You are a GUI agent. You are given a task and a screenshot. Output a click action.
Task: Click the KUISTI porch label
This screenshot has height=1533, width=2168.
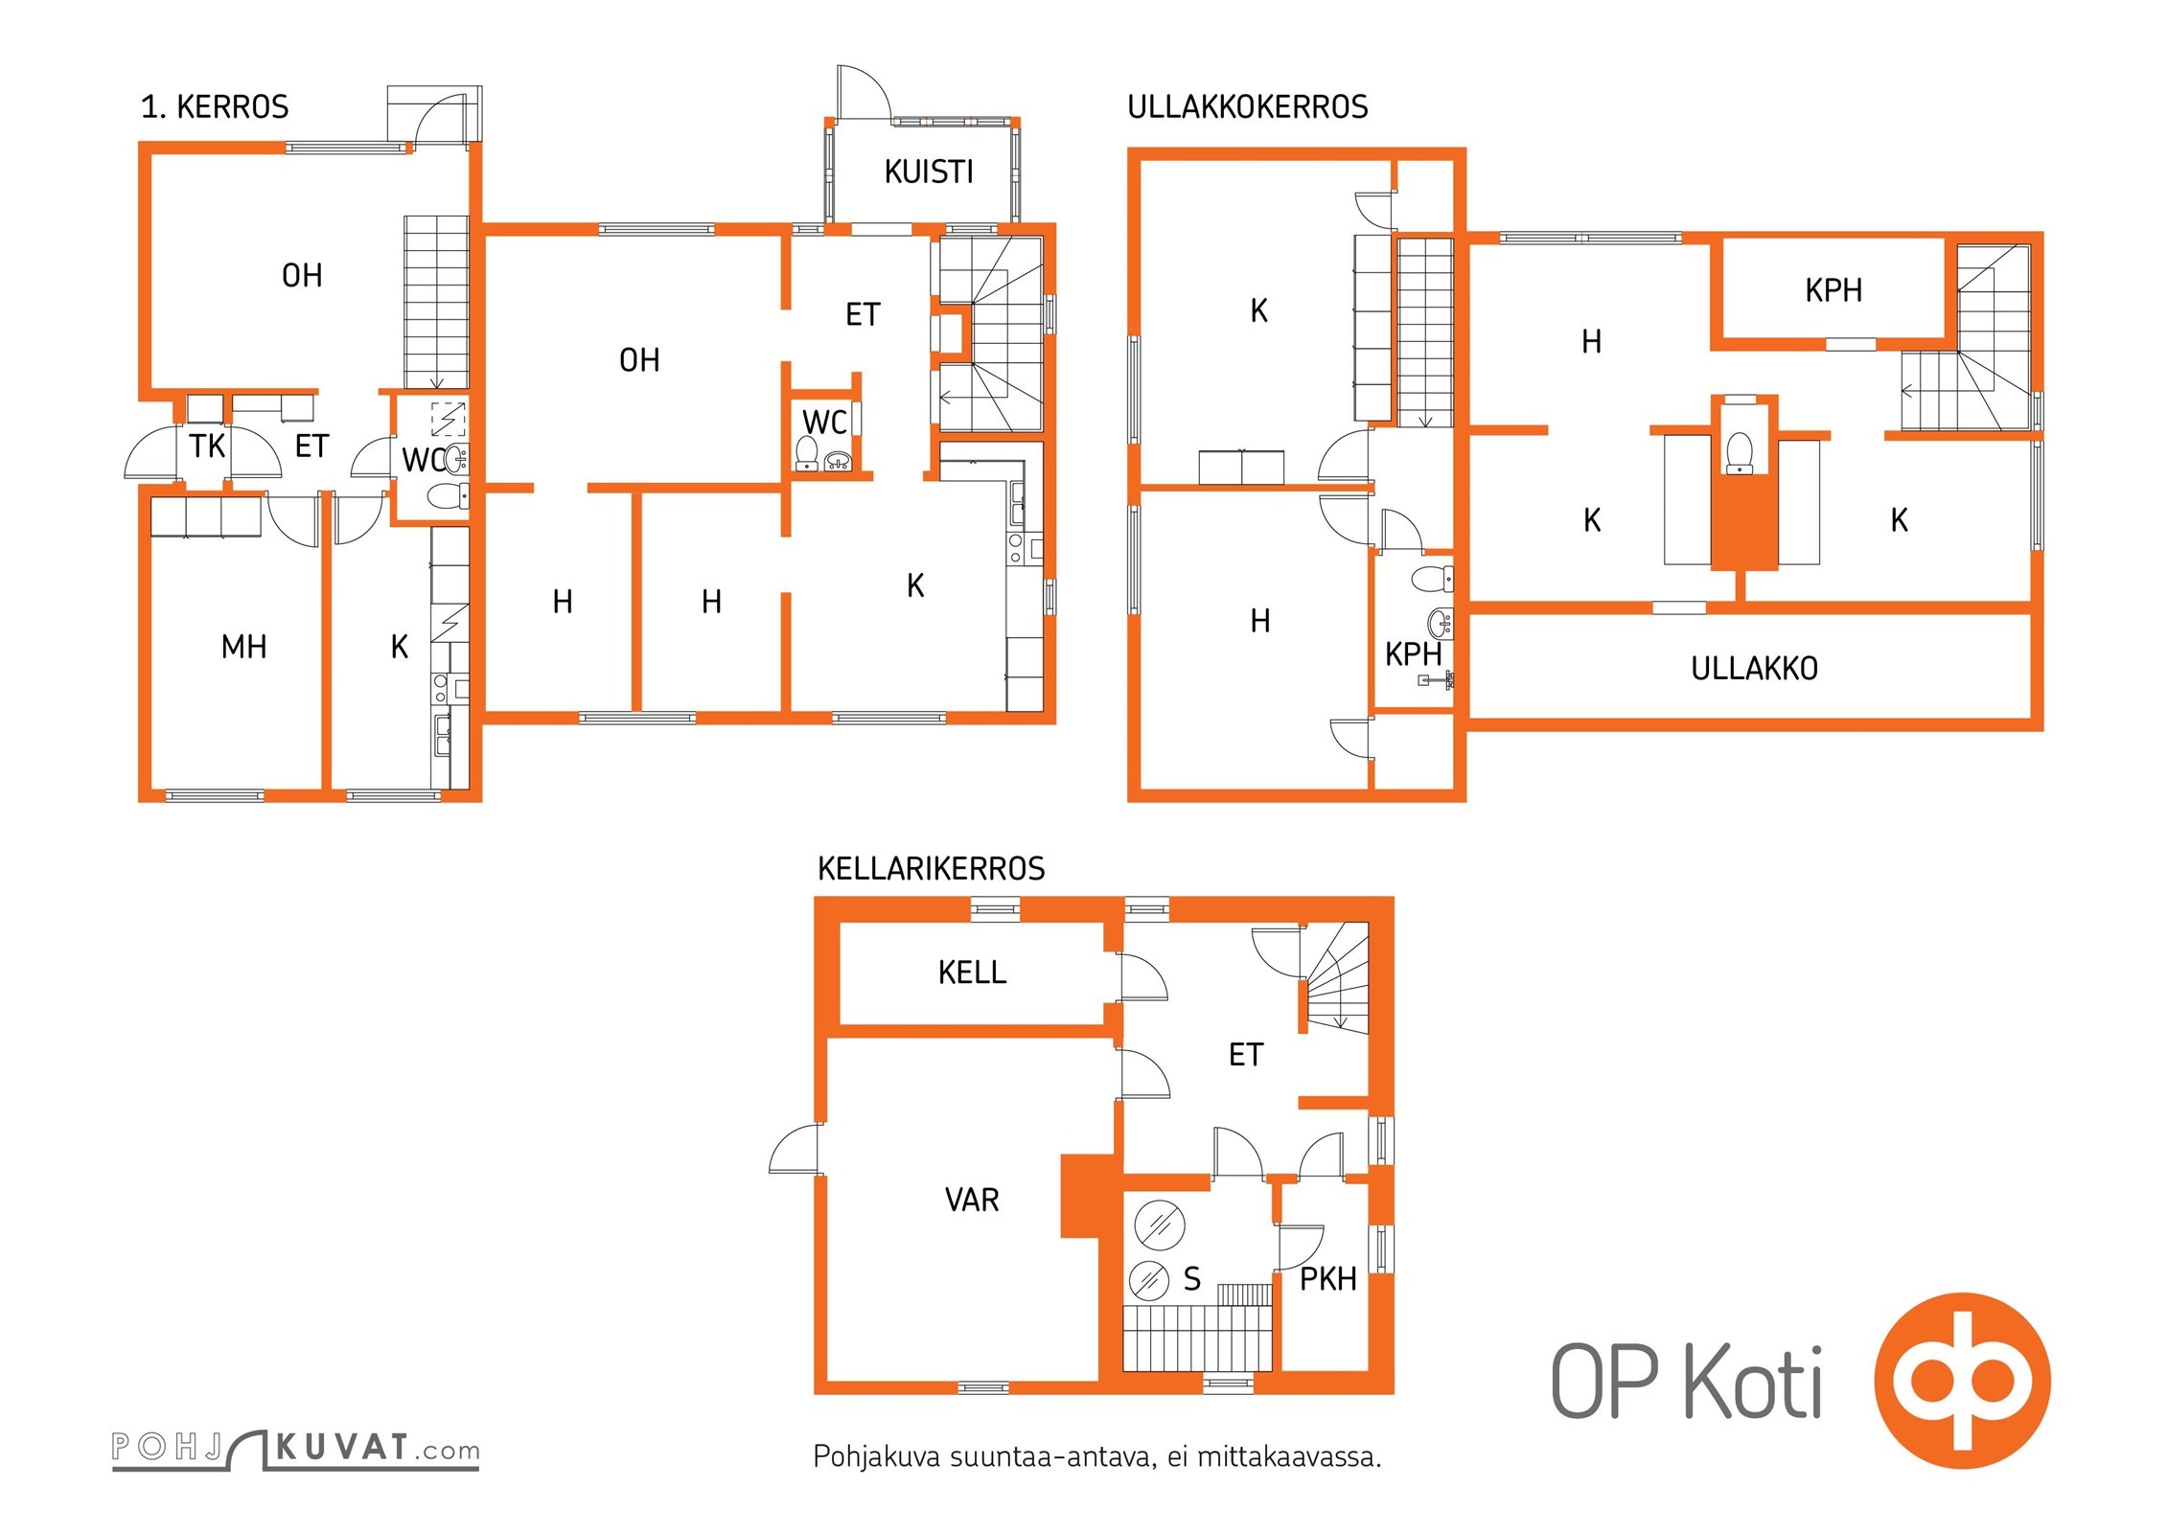click(928, 172)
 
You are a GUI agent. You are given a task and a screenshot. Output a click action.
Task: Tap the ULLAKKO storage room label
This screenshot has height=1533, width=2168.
click(1754, 669)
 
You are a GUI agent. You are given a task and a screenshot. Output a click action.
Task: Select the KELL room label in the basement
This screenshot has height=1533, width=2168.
click(972, 972)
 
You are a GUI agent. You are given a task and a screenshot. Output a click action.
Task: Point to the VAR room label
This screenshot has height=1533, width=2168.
click(972, 1200)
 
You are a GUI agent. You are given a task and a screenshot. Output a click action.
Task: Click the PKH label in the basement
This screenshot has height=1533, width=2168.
click(1327, 1279)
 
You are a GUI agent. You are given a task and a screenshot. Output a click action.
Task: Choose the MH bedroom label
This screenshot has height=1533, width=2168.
click(243, 647)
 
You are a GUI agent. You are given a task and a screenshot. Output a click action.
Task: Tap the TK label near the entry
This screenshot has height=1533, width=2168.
click(207, 446)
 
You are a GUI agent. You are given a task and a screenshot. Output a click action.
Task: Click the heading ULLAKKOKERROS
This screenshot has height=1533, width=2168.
click(1247, 106)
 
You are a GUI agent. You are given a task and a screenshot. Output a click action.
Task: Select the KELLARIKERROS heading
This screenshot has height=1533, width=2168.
click(931, 868)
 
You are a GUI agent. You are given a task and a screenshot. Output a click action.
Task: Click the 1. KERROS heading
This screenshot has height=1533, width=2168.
click(215, 106)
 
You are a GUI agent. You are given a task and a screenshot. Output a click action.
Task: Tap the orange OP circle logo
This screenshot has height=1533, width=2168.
click(1962, 1381)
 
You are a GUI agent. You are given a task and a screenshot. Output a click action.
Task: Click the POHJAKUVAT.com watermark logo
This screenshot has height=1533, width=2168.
click(295, 1449)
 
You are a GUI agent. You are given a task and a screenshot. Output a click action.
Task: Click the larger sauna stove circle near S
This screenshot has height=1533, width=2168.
click(1160, 1224)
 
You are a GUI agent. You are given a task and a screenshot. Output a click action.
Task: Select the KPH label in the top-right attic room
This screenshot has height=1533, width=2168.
click(1833, 290)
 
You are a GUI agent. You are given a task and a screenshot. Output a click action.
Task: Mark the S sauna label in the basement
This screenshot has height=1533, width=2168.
click(1191, 1279)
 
